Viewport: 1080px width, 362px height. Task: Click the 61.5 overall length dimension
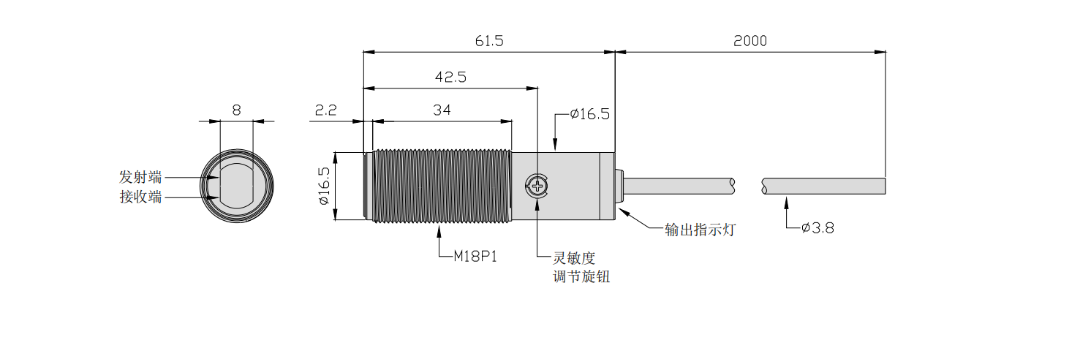(x=489, y=41)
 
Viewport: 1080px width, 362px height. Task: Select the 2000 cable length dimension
(x=750, y=41)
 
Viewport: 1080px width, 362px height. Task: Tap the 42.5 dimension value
(x=450, y=77)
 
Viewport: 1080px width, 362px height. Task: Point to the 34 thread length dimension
(x=442, y=110)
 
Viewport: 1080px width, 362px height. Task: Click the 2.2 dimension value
(x=325, y=110)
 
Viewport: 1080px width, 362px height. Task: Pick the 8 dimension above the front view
(x=236, y=110)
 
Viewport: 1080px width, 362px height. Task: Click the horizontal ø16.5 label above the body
(x=589, y=114)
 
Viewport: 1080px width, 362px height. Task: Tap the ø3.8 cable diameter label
(x=817, y=228)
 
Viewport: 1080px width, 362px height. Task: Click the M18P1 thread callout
(x=475, y=256)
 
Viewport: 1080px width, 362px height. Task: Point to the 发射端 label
(x=140, y=177)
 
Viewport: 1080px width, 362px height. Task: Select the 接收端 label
(x=140, y=197)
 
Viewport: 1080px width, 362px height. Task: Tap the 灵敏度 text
(x=575, y=258)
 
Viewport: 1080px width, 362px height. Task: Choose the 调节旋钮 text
(x=582, y=277)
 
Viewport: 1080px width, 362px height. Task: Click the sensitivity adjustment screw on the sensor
(x=537, y=186)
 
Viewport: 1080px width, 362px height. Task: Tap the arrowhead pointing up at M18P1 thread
(x=439, y=230)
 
